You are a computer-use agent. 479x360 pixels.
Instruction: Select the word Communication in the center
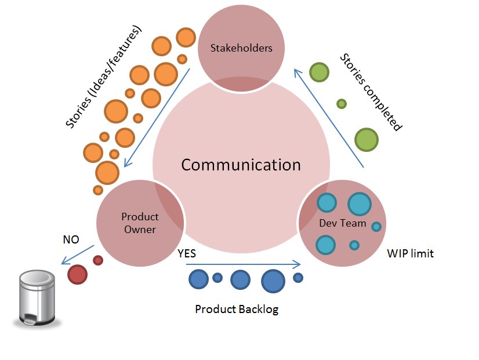241,165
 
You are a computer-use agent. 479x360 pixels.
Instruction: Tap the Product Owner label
140,223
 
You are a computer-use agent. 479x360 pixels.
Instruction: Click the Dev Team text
343,223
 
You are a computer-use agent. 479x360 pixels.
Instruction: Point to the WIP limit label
410,253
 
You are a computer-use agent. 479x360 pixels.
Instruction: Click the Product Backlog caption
237,309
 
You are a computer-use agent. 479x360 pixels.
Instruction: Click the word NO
71,239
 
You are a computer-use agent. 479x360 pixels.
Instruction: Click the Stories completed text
371,93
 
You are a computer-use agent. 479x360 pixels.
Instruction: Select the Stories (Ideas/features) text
104,78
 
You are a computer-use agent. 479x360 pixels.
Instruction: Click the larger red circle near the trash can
77,274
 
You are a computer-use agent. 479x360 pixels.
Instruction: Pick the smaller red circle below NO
98,260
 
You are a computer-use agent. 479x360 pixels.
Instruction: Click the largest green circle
366,140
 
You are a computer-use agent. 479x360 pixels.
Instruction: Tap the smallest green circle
342,104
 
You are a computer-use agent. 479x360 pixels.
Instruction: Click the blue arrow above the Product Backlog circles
244,264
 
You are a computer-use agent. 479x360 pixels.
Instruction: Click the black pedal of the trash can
27,318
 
